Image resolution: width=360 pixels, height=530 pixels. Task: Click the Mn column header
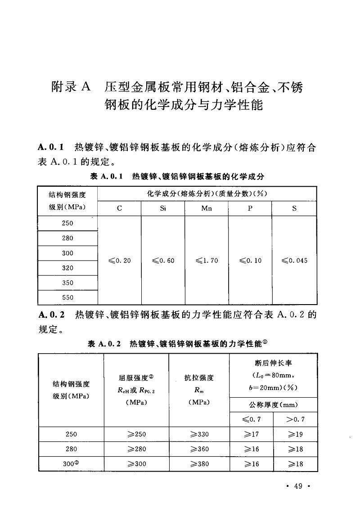point(207,209)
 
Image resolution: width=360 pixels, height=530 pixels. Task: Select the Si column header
point(162,209)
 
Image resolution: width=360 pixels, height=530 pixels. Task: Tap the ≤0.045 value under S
point(294,261)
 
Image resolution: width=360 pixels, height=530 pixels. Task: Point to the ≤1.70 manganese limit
point(207,261)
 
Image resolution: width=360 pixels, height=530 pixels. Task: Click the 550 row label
point(67,297)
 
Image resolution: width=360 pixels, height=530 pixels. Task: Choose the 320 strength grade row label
point(67,268)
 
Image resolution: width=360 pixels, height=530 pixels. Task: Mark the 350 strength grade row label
point(67,283)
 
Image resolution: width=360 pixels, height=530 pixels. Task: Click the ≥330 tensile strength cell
point(199,434)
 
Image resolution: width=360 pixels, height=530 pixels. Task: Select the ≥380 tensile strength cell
point(199,464)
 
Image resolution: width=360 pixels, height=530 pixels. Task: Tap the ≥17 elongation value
point(251,434)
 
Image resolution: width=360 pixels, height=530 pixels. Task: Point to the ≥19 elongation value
point(295,434)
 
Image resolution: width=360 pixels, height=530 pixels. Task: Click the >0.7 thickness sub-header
point(295,419)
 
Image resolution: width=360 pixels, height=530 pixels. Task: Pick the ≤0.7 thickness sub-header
point(251,419)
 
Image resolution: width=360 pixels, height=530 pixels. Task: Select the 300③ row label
point(71,464)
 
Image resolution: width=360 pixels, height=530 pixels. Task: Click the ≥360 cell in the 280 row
point(199,449)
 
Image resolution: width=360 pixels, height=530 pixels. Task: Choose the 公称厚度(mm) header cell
point(274,404)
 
